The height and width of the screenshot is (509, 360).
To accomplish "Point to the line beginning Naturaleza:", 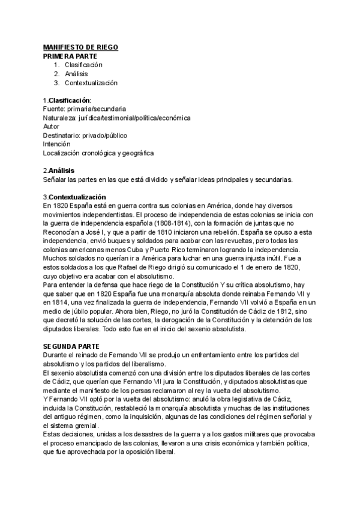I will [x=117, y=118].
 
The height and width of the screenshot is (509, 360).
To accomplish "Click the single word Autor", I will [x=52, y=127].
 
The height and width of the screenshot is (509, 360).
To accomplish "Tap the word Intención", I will [x=57, y=144].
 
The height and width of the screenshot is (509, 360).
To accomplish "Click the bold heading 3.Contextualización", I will [x=74, y=197].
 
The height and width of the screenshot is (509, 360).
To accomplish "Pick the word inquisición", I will [x=173, y=417].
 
